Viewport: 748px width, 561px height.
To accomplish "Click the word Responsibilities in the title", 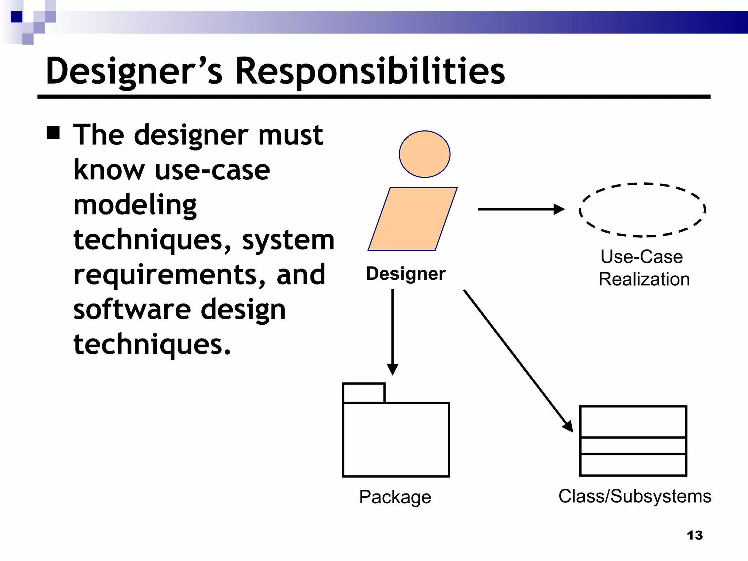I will [x=370, y=72].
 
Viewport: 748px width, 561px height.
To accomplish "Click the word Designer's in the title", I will [x=134, y=72].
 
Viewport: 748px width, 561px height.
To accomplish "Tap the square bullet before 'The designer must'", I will [x=53, y=133].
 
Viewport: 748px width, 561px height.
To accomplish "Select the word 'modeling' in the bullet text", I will [x=135, y=205].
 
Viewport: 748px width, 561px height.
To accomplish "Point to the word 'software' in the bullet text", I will [x=132, y=309].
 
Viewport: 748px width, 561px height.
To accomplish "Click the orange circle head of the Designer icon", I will [x=424, y=154].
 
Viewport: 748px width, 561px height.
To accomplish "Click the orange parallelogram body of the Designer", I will [x=412, y=219].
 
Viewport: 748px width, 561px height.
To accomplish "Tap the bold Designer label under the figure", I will [x=405, y=274].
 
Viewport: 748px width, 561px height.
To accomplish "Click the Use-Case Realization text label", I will [x=644, y=268].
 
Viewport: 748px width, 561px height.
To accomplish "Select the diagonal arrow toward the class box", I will [x=517, y=360].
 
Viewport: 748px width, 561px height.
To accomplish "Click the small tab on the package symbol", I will [x=364, y=393].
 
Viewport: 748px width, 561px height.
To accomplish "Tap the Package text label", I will [x=395, y=497].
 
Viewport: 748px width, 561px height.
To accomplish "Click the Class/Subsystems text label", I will [x=635, y=496].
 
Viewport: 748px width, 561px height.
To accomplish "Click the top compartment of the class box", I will [x=633, y=421].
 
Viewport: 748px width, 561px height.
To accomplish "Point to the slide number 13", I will [x=694, y=535].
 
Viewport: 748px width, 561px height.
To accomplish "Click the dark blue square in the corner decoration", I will [x=17, y=17].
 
